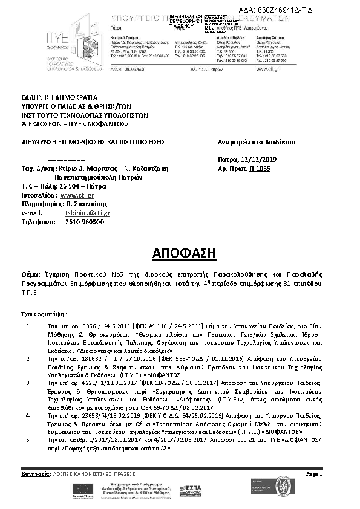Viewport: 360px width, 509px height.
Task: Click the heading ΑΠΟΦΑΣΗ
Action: (x=179, y=251)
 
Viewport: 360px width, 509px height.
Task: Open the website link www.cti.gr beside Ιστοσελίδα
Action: (x=77, y=196)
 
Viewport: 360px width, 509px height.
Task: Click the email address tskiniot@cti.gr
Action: (x=87, y=213)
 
